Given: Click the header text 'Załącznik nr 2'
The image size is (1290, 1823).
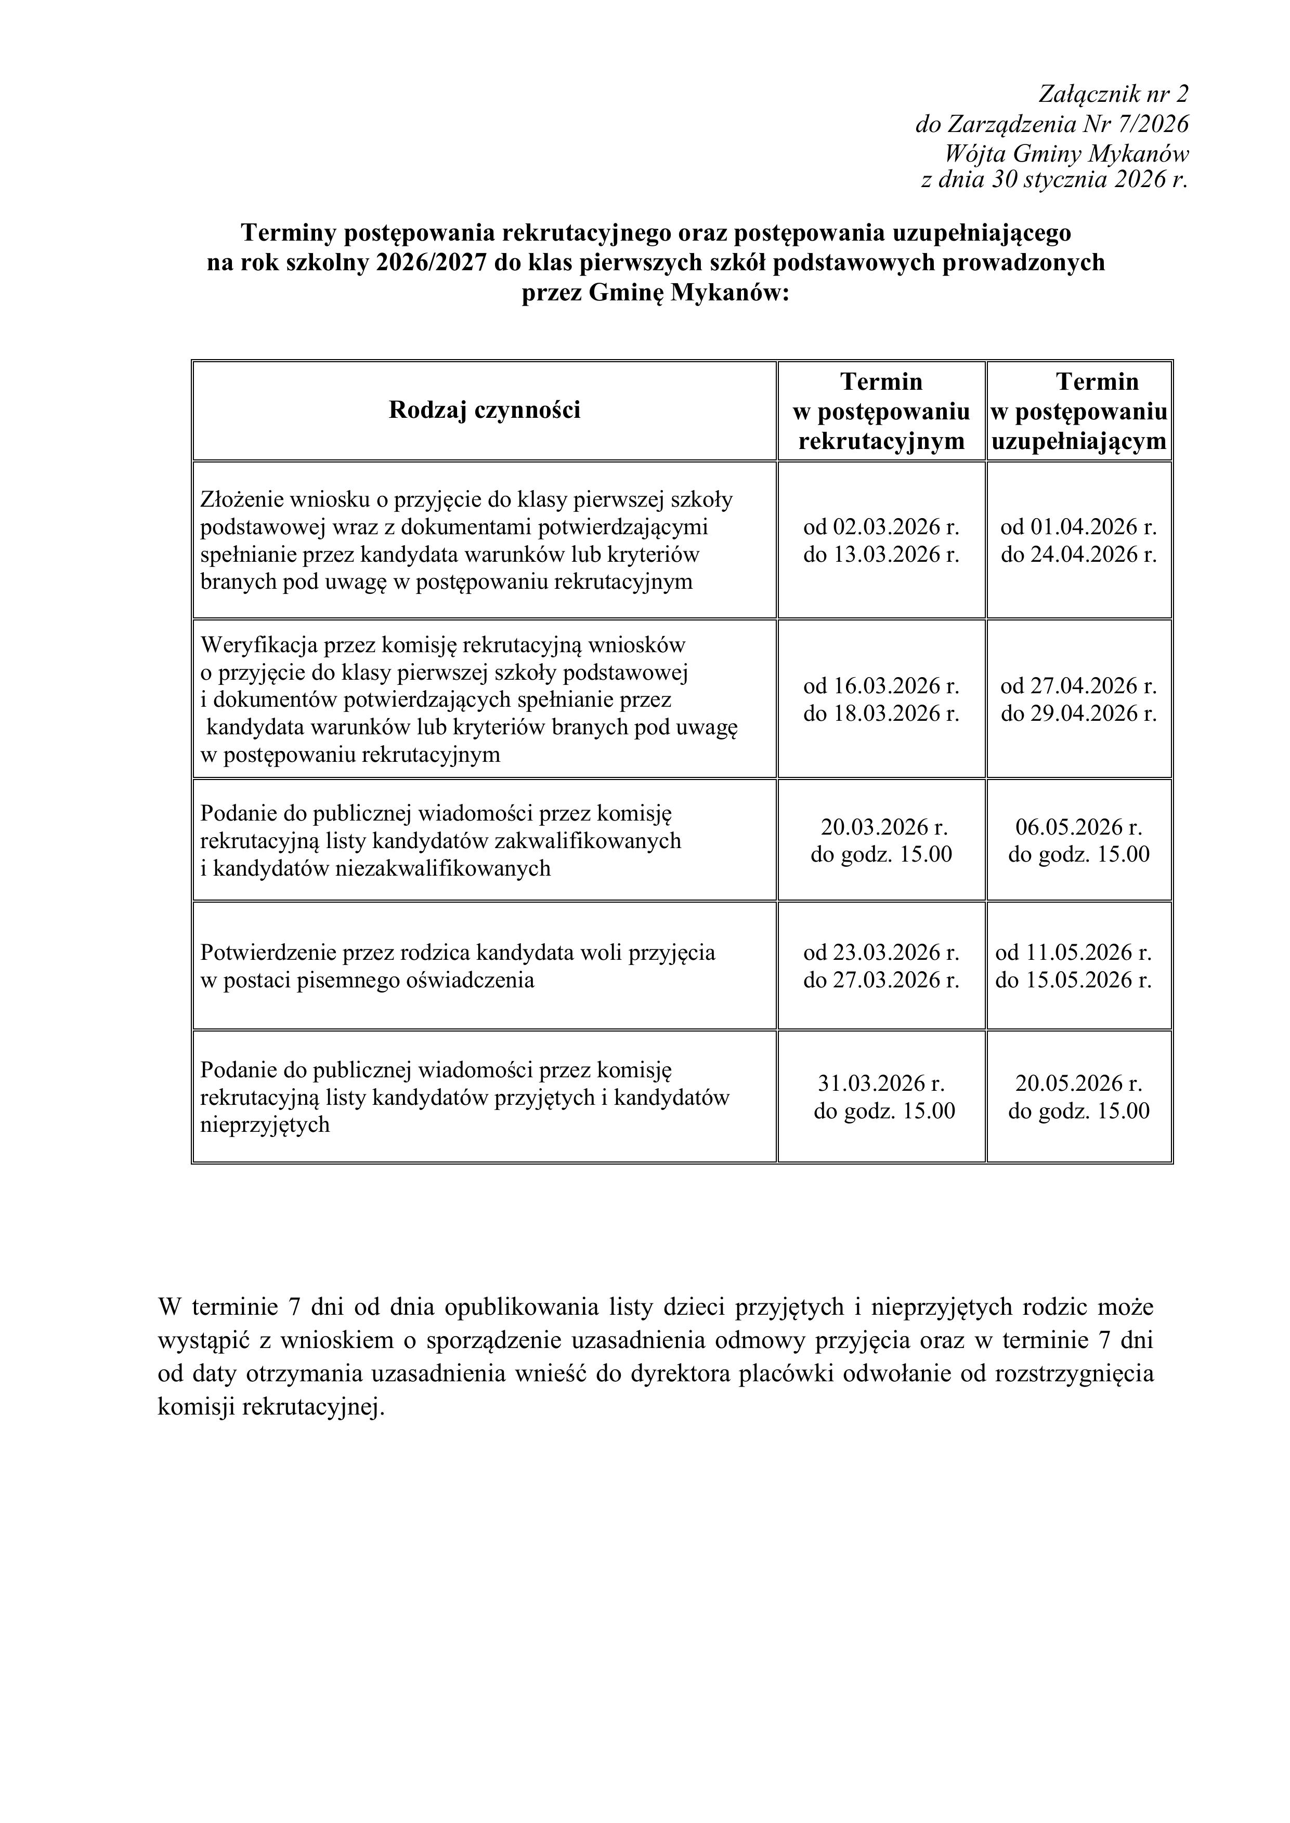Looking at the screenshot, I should [x=1114, y=95].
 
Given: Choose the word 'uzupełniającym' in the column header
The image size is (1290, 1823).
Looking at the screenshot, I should [x=1079, y=441].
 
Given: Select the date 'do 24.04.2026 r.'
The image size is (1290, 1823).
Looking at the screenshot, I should [x=1079, y=554].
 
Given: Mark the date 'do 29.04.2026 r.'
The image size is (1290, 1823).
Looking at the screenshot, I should [x=1079, y=713].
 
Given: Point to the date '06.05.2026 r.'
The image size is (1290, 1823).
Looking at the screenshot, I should [x=1079, y=827].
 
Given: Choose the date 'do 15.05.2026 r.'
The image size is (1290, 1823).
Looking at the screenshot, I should [x=1073, y=980].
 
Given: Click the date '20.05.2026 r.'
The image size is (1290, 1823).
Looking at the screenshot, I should [x=1079, y=1083].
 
